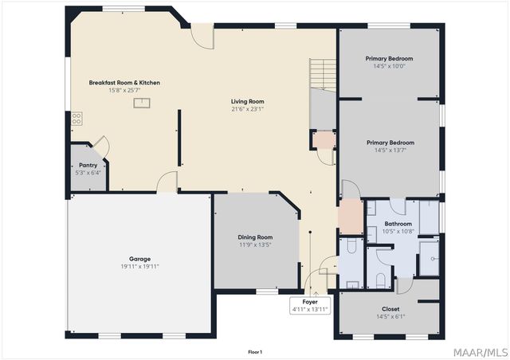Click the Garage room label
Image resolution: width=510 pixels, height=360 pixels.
point(140,259)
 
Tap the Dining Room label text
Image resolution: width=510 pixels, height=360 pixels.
point(255,237)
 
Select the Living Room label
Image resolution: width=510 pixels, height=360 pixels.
point(248,101)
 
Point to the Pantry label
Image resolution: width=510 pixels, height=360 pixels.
point(88,165)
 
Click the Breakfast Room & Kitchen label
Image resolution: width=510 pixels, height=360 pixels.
point(124,83)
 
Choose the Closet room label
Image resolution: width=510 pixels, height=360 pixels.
point(390,309)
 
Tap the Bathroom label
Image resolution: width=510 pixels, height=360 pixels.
point(398,224)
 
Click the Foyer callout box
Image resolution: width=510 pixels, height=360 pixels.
point(310,305)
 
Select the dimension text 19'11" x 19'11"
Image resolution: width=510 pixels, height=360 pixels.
point(140,267)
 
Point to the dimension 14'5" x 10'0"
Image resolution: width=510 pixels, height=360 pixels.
point(389,66)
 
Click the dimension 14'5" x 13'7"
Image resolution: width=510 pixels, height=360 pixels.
point(390,151)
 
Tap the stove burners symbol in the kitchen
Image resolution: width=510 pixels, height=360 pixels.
point(76,119)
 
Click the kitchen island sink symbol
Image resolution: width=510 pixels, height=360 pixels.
point(142,103)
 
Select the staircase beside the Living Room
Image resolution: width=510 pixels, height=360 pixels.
point(322,75)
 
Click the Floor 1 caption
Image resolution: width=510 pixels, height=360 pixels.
point(255,352)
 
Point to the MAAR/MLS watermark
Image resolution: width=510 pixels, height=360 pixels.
point(481,353)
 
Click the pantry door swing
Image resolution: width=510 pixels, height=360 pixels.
point(102,146)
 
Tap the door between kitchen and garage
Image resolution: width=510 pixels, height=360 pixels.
point(167,182)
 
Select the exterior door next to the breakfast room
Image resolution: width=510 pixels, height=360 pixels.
point(202,37)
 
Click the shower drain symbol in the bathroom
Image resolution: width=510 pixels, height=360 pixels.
point(433,259)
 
